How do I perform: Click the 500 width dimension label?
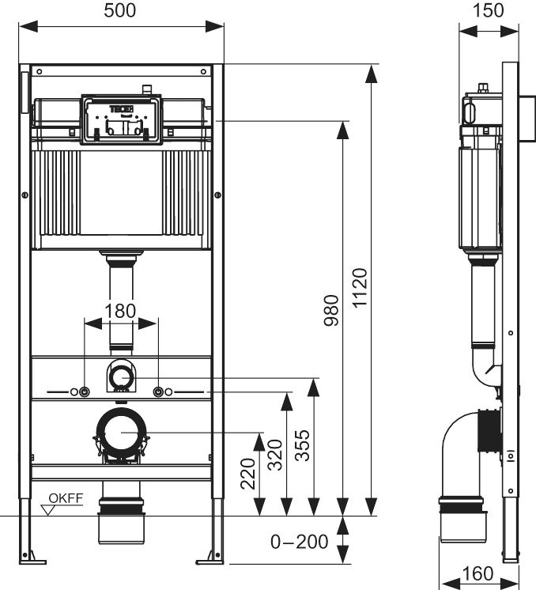120,10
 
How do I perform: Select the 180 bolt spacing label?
120,310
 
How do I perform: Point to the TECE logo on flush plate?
121,105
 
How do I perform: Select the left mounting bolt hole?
84,391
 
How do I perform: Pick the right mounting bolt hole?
159,391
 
